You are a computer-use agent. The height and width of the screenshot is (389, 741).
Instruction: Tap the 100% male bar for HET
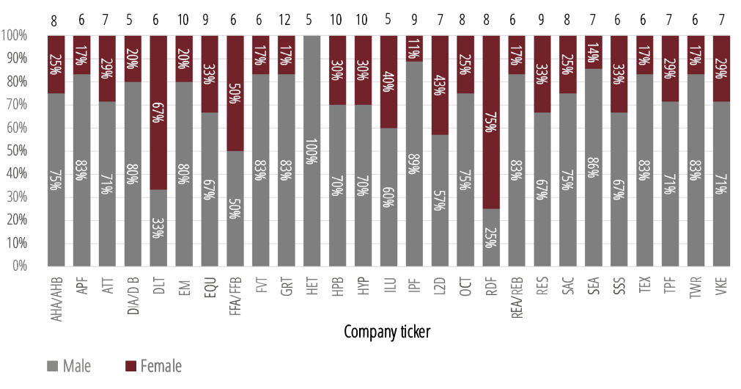[x=312, y=150]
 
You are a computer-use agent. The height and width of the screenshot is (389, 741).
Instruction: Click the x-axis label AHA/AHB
[x=56, y=295]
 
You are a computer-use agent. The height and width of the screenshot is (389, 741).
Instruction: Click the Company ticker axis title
[x=387, y=332]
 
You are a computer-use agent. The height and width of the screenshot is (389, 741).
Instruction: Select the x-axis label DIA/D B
[x=133, y=294]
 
